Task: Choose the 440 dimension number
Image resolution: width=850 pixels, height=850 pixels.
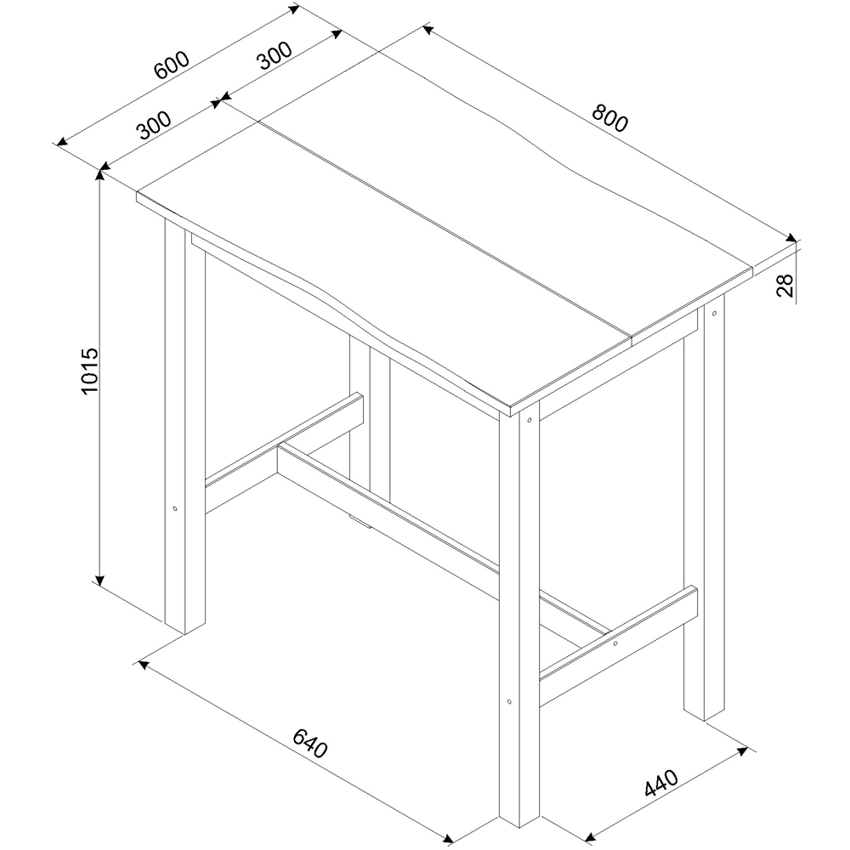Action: [x=660, y=783]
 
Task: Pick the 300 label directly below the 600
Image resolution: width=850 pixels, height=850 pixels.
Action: [x=154, y=125]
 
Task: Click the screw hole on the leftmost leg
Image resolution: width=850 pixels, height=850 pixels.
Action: [x=174, y=509]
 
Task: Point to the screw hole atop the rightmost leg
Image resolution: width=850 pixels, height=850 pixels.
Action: [x=714, y=314]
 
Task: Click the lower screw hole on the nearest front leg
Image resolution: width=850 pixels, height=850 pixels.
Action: [x=508, y=702]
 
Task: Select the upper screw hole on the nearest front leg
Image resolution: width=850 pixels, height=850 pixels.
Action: [x=529, y=419]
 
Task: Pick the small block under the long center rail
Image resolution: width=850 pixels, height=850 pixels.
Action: [x=360, y=520]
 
